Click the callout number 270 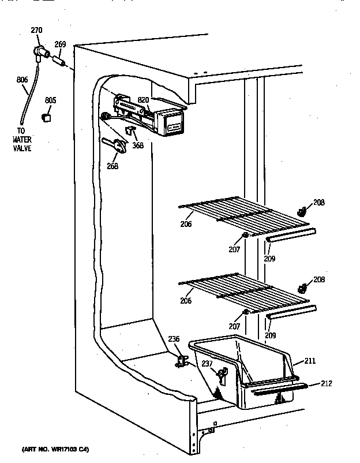(x=36, y=30)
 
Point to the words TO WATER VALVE (x=23, y=140)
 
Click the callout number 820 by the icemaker (x=143, y=100)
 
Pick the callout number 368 (x=137, y=145)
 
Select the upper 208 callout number (x=319, y=203)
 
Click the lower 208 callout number (x=319, y=279)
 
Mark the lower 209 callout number (x=270, y=335)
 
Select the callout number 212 (x=327, y=383)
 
